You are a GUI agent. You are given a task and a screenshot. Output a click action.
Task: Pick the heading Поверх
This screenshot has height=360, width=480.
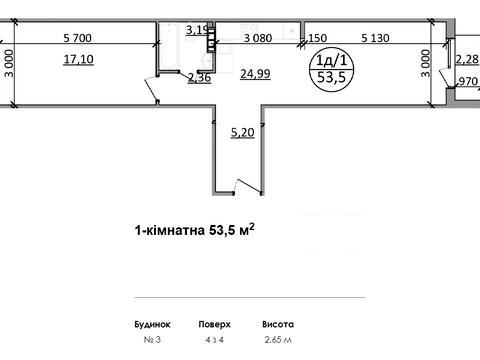coord(214,325)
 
